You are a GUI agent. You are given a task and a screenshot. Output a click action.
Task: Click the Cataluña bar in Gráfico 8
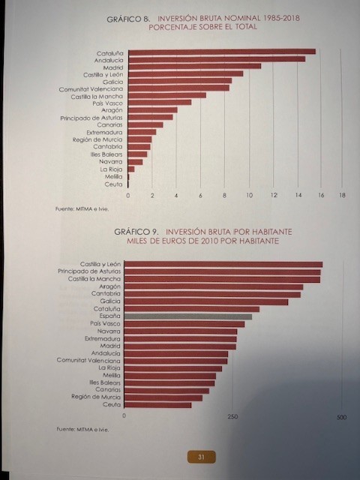tap(222, 52)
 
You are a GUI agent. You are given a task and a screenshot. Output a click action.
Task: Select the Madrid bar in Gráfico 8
tap(195, 67)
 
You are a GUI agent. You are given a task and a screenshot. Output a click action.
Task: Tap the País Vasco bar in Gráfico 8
tap(160, 102)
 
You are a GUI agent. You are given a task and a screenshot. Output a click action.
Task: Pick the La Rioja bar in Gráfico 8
tap(131, 169)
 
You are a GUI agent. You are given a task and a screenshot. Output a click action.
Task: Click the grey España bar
tap(188, 316)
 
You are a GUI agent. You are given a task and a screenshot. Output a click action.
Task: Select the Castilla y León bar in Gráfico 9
tap(223, 265)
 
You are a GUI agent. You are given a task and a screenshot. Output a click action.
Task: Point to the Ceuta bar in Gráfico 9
tap(158, 405)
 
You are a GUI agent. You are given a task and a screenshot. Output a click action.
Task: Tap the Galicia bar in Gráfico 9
tap(206, 302)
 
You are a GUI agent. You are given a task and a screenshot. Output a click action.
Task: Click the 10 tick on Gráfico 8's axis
tap(250, 195)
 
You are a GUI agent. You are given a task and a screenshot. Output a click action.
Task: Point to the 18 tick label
tap(342, 195)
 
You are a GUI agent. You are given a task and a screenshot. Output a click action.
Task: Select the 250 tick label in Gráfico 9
tap(232, 417)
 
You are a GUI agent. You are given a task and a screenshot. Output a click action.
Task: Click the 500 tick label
tap(341, 417)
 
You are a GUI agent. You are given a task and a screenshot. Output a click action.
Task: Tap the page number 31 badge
tap(201, 457)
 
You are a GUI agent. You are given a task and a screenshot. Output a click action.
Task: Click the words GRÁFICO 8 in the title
tap(128, 19)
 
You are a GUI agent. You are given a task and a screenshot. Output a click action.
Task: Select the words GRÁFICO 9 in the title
tap(136, 232)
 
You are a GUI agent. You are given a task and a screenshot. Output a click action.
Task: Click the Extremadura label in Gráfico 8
tap(104, 133)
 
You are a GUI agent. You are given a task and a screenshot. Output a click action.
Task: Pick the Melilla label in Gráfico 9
tap(112, 375)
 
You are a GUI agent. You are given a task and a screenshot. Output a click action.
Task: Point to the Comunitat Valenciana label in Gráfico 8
tap(91, 89)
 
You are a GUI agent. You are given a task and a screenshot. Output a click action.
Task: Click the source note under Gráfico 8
tap(82, 209)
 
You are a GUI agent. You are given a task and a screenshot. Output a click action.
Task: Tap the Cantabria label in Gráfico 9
tap(106, 293)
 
